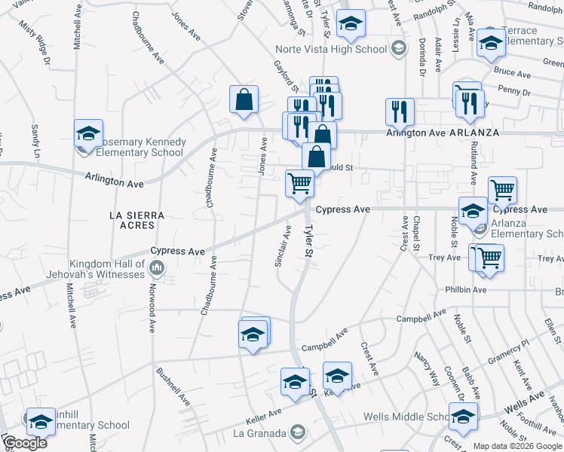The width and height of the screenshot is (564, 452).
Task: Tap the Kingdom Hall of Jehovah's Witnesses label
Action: click(x=106, y=269)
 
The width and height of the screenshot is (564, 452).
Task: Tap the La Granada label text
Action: click(x=259, y=433)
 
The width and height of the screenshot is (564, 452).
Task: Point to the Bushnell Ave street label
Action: click(x=173, y=386)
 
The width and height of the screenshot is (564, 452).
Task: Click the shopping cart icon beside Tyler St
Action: click(x=299, y=183)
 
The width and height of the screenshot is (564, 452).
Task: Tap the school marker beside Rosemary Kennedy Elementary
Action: click(x=88, y=133)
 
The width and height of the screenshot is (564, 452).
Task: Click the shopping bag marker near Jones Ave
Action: click(x=244, y=99)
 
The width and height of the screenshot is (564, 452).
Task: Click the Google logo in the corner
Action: click(x=25, y=444)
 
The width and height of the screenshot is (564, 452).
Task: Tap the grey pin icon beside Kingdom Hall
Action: click(x=157, y=267)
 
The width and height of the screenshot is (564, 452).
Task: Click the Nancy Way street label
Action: click(x=427, y=368)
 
